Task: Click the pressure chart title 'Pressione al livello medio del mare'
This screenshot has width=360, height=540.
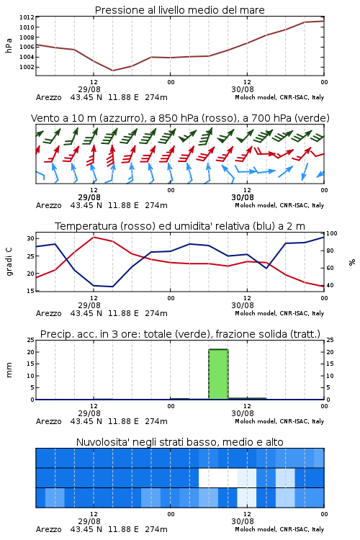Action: click(179, 10)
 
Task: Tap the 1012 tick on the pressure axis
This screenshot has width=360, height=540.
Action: click(27, 17)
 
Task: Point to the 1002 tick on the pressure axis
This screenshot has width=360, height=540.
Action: click(27, 67)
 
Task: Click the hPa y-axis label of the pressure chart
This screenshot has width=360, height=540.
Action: click(9, 45)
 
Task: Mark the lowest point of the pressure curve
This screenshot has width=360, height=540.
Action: click(112, 71)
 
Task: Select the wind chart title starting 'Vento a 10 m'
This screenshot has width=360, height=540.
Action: click(180, 118)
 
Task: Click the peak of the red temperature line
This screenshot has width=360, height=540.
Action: click(94, 237)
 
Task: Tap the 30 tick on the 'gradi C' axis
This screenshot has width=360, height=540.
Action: click(31, 238)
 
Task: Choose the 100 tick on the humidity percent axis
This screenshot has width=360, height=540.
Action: click(331, 233)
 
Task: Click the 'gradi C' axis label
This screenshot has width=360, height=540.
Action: click(9, 261)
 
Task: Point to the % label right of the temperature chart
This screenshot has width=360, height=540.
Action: click(352, 262)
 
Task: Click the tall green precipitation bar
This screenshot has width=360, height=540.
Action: click(218, 374)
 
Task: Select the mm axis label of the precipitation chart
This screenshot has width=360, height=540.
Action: click(9, 370)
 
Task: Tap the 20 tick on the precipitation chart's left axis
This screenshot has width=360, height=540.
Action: click(31, 352)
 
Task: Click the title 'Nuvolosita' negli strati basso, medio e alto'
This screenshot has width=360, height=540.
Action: click(179, 442)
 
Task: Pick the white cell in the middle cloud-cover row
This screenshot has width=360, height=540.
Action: click(217, 477)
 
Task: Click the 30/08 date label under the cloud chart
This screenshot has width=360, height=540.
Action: click(243, 521)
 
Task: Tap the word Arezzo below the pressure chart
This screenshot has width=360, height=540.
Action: click(48, 97)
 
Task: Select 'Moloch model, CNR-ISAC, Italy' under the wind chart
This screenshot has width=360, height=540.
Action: click(279, 205)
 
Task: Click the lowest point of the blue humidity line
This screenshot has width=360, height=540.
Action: click(112, 287)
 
